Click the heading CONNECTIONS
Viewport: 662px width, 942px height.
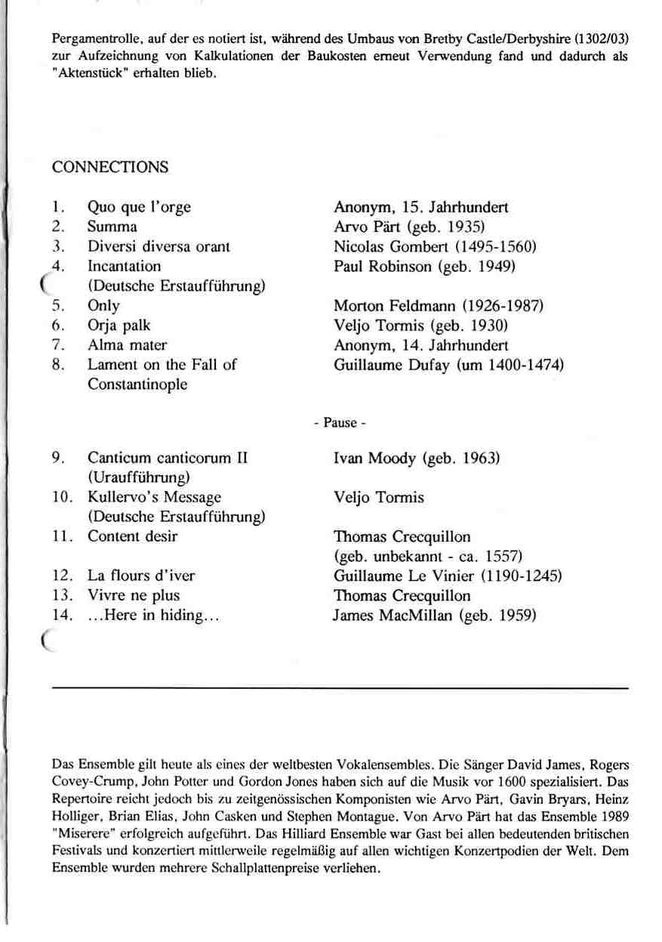tap(110, 167)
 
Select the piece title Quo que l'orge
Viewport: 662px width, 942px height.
tap(139, 207)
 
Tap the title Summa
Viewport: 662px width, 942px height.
tap(112, 227)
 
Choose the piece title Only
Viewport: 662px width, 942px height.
tap(103, 306)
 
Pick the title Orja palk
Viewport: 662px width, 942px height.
tap(119, 326)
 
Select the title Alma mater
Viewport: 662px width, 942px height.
tap(127, 345)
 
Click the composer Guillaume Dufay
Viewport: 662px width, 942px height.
tap(383, 365)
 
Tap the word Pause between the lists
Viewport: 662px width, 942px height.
tap(339, 423)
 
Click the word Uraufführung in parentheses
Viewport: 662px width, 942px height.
tap(138, 477)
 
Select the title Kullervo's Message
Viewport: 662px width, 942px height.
tap(154, 497)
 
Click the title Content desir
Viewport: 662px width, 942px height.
tap(133, 536)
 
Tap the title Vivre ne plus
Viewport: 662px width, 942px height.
tap(134, 595)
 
